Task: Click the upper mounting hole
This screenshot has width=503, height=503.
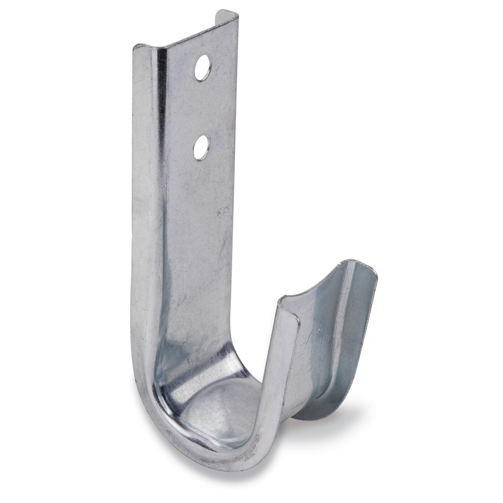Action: [x=202, y=67]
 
